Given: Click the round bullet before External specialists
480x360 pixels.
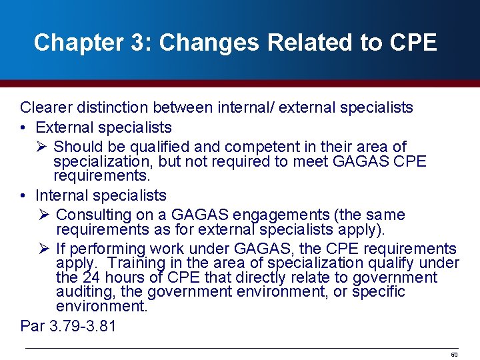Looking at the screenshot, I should pos(23,127).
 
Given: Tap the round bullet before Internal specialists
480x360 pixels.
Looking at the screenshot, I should pos(23,195).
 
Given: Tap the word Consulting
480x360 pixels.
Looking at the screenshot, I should pos(95,215).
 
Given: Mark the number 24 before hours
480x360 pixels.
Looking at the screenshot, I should pos(90,277).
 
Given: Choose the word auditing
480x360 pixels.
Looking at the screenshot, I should pos(85,291).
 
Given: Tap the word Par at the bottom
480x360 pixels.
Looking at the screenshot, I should pos(32,326).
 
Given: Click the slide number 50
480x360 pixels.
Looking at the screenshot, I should pos(455,355).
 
